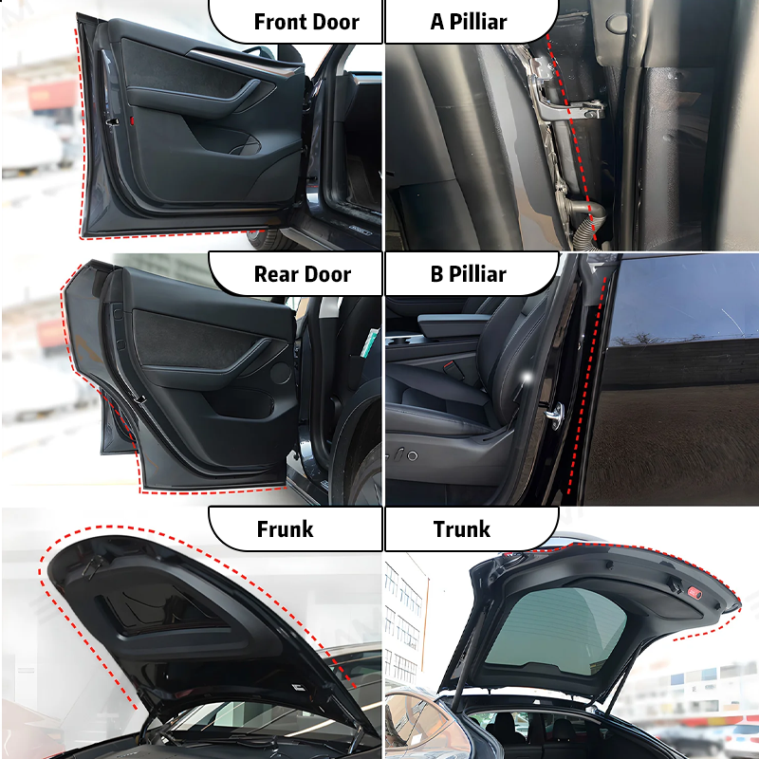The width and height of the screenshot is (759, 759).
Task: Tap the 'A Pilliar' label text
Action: pos(469,22)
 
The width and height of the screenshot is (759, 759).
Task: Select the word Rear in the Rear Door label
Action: pos(276,275)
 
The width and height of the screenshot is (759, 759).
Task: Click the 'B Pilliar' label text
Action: pos(469,275)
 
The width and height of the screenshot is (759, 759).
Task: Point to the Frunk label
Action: pos(285,529)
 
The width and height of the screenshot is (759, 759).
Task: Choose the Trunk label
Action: pos(462,529)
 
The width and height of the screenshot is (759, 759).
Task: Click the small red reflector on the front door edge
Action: pos(132,121)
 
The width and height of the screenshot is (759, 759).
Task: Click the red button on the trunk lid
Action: pos(694,593)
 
